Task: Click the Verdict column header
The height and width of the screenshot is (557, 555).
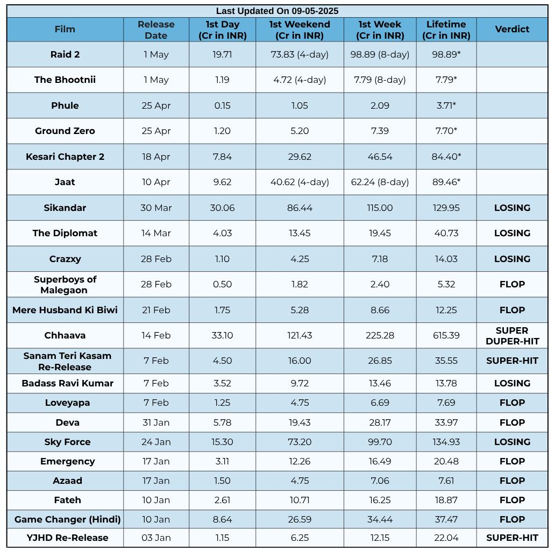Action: point(512,29)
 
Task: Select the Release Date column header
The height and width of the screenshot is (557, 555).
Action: point(156,30)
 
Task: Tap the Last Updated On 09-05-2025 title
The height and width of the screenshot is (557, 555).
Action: point(277,11)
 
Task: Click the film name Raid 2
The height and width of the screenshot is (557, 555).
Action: point(65,54)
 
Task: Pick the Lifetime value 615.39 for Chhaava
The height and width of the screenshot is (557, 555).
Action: point(446,335)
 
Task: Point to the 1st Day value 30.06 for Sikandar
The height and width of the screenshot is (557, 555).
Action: point(222,208)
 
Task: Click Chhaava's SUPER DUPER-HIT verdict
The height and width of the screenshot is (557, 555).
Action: point(512,336)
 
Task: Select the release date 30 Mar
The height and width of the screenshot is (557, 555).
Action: point(156,208)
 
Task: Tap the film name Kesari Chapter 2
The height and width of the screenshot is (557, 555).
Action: point(65,157)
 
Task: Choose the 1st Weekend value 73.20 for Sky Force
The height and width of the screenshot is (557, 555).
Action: point(300,442)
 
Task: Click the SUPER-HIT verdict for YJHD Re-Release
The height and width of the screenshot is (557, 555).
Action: point(512,538)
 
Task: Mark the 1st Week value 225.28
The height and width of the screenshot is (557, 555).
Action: point(380,335)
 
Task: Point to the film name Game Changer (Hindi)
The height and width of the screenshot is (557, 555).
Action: point(67,519)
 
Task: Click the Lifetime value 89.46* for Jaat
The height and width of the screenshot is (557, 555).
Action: point(446,182)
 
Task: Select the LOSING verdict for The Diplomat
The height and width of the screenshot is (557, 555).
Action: point(512,234)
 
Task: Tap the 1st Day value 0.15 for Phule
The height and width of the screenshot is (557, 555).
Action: point(222,105)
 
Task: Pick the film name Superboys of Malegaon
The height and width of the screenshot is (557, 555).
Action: point(65,285)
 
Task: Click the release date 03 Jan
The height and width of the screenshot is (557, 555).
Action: point(156,538)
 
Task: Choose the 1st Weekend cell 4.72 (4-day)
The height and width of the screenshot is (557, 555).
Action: point(300,80)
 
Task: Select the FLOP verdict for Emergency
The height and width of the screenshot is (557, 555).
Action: point(512,461)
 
